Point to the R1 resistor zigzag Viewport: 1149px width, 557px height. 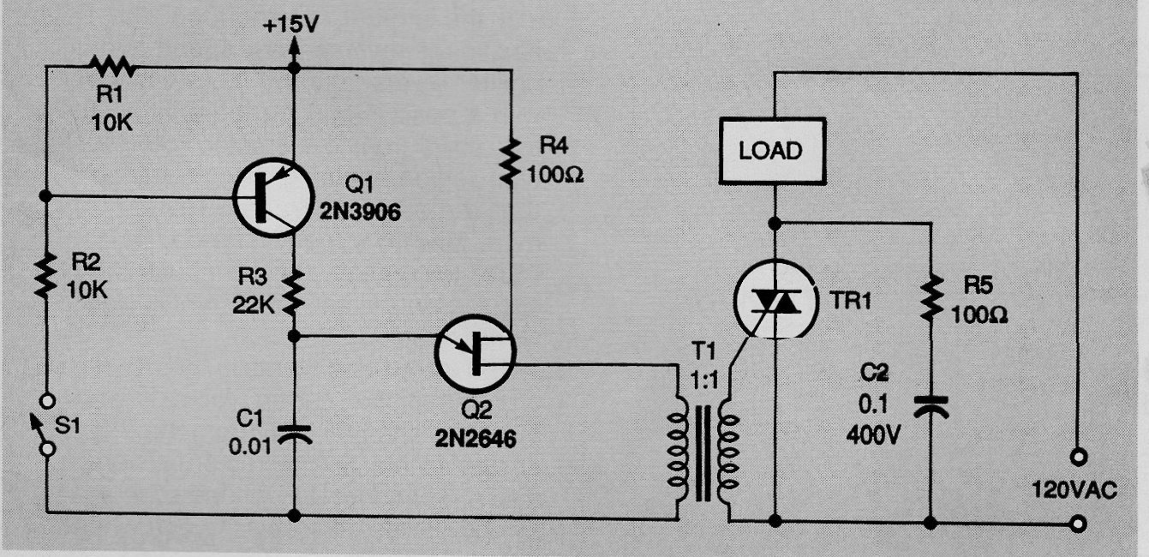112,67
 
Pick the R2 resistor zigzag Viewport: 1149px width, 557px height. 45,275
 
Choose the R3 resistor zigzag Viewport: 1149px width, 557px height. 294,293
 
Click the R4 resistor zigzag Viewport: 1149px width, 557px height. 511,160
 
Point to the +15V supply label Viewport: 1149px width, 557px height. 290,25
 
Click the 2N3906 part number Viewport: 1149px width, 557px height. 360,212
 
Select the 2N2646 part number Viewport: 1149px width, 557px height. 476,439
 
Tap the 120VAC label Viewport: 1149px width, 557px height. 1074,490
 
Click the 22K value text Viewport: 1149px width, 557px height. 254,306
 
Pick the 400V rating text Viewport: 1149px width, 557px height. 873,435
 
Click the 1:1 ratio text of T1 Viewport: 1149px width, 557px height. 704,380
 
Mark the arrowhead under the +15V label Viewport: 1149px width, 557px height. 294,45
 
